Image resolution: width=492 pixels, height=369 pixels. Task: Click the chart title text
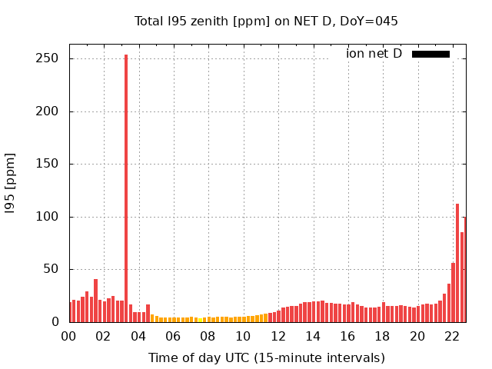266,21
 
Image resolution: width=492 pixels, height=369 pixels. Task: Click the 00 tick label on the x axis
69,336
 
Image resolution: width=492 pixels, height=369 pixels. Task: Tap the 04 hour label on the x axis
138,336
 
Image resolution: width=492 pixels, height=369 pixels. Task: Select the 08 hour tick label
208,336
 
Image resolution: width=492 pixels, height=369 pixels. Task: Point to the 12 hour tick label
278,336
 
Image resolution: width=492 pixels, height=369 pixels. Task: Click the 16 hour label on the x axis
347,336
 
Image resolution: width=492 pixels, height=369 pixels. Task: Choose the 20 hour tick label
417,336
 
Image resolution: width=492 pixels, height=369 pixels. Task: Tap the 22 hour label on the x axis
452,336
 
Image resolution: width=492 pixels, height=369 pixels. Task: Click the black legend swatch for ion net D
430,54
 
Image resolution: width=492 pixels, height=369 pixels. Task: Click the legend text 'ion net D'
374,54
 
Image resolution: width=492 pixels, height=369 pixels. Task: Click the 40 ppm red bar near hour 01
95,301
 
